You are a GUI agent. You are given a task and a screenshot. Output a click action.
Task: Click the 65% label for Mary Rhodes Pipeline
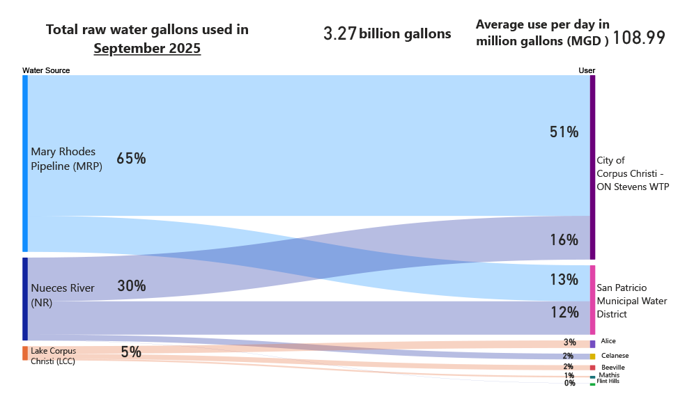[131, 159]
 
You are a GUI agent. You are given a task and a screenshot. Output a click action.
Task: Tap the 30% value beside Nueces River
[131, 286]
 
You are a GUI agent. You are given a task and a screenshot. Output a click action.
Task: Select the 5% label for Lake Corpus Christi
[131, 352]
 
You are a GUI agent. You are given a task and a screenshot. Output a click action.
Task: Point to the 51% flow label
[564, 132]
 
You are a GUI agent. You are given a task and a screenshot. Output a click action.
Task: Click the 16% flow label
[564, 240]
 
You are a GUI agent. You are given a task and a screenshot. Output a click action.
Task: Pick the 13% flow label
[564, 280]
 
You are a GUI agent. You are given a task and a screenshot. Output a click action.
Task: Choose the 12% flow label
[564, 313]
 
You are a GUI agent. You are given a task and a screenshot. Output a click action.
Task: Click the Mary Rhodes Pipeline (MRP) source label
[66, 159]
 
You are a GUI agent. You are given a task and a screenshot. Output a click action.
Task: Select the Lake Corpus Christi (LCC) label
[53, 356]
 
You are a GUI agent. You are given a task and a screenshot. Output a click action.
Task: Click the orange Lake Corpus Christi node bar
[25, 353]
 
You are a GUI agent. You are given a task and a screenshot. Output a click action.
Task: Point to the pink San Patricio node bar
[592, 299]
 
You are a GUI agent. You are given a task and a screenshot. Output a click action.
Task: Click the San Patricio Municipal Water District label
[631, 301]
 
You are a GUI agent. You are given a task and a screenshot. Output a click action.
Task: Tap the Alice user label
[608, 341]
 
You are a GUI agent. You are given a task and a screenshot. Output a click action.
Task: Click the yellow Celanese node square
[592, 356]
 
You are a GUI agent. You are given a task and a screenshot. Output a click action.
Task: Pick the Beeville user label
[612, 367]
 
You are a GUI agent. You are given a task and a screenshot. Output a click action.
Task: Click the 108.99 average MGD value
[638, 38]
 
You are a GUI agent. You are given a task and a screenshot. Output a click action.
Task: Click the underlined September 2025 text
[147, 49]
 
